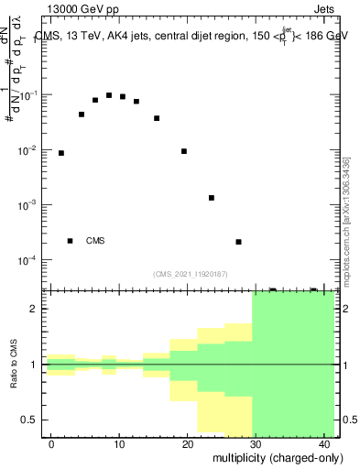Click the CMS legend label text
pos(95,241)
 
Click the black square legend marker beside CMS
pos(70,241)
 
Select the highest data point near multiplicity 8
pos(109,95)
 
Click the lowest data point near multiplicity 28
pos(238,242)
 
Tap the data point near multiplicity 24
pos(212,198)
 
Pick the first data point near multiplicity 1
pos(61,153)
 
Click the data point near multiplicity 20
pos(184,151)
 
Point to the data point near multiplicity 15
pos(157,118)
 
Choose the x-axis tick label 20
pos(187,444)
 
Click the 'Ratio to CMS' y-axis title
pos(14,364)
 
